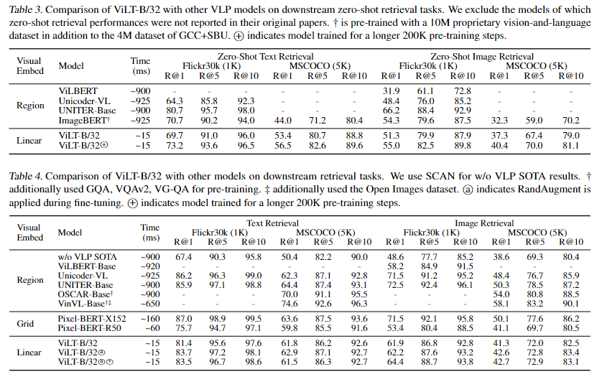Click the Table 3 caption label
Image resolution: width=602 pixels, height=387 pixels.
(25, 9)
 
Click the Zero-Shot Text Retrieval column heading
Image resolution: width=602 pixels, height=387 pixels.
(265, 57)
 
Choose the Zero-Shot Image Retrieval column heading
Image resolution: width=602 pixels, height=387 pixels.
(482, 57)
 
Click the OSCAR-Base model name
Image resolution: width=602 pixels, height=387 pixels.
(85, 294)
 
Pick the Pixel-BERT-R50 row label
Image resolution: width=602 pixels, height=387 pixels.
(90, 328)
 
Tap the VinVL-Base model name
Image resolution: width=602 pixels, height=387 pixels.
(85, 304)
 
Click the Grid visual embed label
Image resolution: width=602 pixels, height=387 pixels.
(25, 324)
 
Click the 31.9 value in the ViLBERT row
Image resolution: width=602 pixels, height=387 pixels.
(391, 91)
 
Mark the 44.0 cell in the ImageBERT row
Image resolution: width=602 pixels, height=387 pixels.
(282, 121)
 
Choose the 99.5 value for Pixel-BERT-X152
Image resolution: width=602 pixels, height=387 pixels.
(254, 319)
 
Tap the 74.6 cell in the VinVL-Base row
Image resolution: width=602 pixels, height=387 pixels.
(289, 304)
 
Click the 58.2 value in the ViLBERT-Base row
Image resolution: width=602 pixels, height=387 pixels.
(395, 266)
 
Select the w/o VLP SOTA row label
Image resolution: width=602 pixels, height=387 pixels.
(87, 257)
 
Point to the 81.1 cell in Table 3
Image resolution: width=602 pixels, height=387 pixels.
(571, 146)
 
